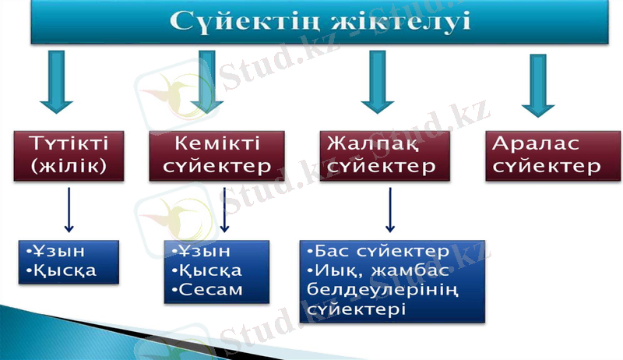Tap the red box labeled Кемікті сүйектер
pyautogui.click(x=217, y=155)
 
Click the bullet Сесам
pyautogui.click(x=211, y=290)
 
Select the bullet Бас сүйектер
pyautogui.click(x=382, y=252)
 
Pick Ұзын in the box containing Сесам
pyautogui.click(x=208, y=252)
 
